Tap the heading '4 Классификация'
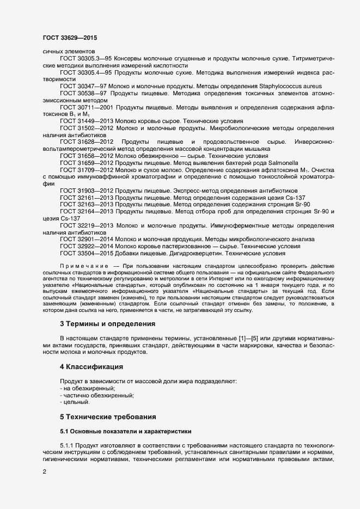point(90,367)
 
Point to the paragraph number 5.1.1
point(68,445)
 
